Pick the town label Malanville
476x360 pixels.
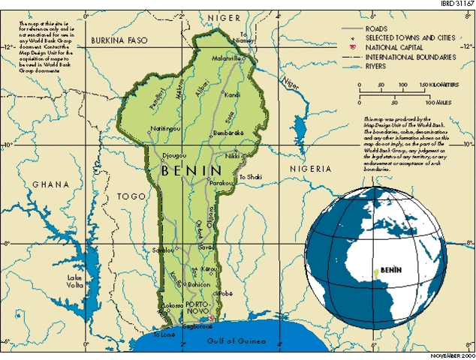(226, 58)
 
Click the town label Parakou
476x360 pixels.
(221, 182)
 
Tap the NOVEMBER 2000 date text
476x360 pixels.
(450, 355)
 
